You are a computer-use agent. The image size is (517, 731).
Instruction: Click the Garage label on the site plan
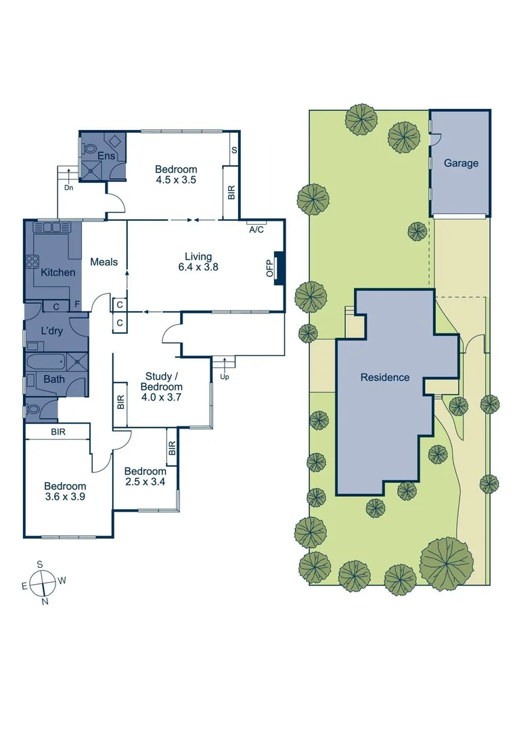coord(461,163)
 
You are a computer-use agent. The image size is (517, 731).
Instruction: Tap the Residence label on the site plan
coord(384,378)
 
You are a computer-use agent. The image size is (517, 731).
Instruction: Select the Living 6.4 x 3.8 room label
coord(198,262)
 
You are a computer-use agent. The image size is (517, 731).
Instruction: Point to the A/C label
coord(256,230)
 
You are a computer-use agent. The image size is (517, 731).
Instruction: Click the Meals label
coord(104,262)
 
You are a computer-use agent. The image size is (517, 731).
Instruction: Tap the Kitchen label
coord(58,272)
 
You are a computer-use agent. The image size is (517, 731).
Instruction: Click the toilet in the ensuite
coord(89,149)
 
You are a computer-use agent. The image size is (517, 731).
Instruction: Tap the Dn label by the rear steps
coord(68,187)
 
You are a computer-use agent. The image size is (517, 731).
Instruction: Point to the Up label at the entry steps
coord(225,376)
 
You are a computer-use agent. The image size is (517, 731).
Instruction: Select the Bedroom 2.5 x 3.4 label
coord(145,477)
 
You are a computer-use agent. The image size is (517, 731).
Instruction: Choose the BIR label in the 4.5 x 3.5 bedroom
coord(231,192)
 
